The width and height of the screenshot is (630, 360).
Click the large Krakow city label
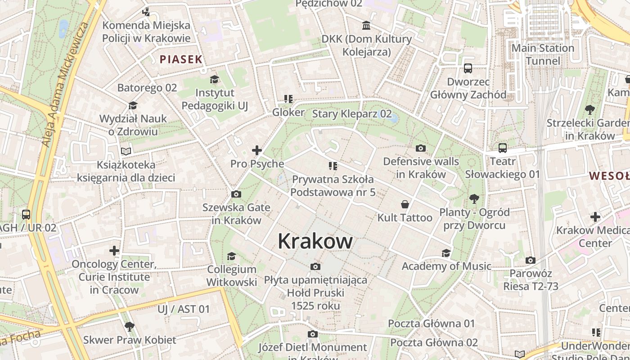315,241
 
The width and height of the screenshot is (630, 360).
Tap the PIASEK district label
181,59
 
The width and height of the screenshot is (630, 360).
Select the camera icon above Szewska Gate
236,194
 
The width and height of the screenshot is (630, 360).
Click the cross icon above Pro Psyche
257,150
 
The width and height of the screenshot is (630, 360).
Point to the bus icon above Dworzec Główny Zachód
468,68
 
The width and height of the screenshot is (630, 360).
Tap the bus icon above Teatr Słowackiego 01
503,148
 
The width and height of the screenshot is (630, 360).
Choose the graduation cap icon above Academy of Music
446,253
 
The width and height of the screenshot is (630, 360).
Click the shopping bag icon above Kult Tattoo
405,204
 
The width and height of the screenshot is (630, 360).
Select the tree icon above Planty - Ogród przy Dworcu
474,198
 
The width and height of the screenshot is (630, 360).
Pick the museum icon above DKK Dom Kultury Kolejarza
366,25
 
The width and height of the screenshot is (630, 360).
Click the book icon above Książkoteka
126,152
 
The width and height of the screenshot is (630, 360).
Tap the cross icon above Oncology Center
114,250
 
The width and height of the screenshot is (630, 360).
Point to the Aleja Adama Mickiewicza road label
66,83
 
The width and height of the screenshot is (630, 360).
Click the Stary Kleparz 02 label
352,114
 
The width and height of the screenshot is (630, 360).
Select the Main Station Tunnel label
543,54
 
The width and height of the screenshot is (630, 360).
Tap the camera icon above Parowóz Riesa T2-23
531,260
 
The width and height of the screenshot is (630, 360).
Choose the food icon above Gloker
288,99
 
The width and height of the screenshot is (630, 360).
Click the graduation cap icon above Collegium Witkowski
231,256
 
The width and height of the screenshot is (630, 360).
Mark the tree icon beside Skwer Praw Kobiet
130,326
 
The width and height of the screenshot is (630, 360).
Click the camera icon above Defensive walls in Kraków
421,148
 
